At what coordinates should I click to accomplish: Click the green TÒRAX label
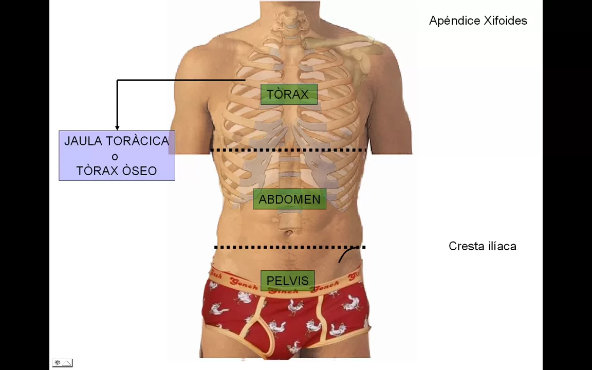289,95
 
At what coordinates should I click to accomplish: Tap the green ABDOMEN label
289,199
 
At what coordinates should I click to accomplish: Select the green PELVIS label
288,281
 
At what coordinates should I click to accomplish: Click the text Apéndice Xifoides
478,21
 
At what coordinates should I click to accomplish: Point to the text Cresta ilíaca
482,247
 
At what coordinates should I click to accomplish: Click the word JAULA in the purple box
83,141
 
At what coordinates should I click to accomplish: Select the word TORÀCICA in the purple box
138,141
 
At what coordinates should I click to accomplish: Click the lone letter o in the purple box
115,157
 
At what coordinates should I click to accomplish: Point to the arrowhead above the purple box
117,127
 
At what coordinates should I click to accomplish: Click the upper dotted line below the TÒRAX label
289,150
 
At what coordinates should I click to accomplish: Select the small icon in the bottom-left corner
62,363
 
